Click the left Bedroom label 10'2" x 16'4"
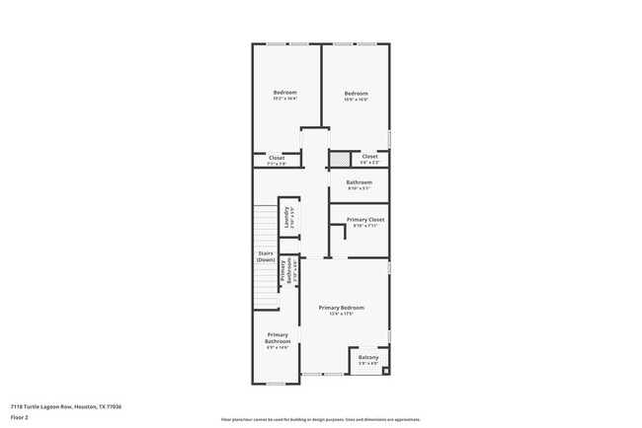284,96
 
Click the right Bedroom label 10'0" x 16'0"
356,96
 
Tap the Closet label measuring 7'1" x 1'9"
277,160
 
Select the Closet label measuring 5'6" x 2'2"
369,158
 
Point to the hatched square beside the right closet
340,158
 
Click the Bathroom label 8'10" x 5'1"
359,184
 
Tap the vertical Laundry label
287,217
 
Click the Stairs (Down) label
266,256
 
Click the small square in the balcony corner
385,371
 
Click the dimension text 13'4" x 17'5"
342,315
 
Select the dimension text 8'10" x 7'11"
365,226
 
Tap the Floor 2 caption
20,417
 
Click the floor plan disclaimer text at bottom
320,420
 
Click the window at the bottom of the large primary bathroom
276,383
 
